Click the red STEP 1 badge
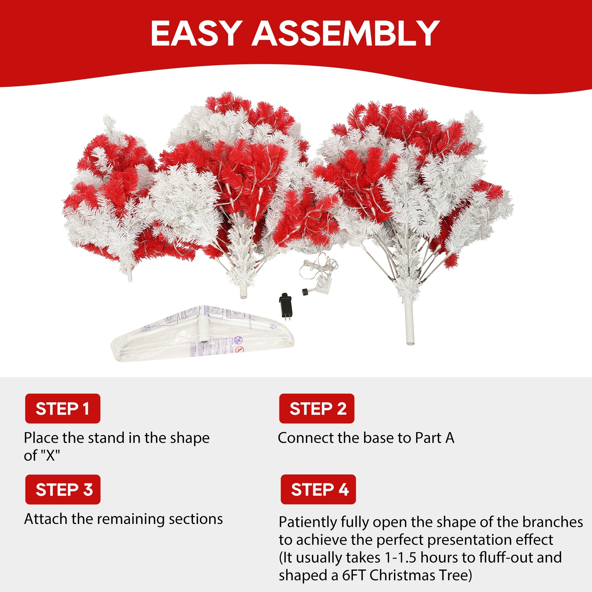62,408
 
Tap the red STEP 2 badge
316,408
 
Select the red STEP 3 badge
63,489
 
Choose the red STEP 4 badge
318,489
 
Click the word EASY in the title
194,33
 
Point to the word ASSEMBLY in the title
345,33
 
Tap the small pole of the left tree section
130,276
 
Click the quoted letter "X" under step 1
50,456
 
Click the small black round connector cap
305,292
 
